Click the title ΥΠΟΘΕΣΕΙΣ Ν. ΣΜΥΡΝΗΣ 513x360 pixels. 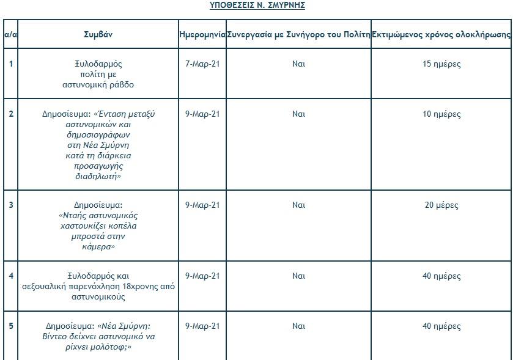click(257, 6)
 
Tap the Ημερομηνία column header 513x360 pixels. click(202, 34)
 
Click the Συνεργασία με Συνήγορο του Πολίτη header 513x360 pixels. click(298, 34)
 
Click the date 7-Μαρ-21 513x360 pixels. click(202, 64)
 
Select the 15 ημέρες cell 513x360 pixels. click(441, 64)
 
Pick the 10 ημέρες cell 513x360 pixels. click(441, 114)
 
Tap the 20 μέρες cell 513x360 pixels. click(441, 205)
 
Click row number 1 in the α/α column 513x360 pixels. click(10, 64)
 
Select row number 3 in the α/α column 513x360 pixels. click(10, 205)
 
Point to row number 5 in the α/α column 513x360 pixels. click(10, 326)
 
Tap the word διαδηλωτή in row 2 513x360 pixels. click(98, 176)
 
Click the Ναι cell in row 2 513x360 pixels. click(298, 114)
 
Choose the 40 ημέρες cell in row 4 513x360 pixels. click(441, 276)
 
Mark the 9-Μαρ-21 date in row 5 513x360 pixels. click(202, 326)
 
